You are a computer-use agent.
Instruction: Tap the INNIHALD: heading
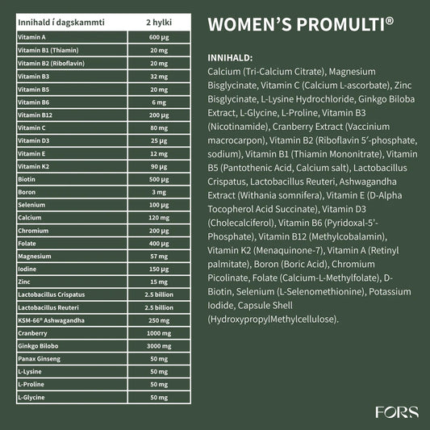[230, 59]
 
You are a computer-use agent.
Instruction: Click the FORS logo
[397, 412]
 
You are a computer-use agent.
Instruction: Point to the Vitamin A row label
[31, 37]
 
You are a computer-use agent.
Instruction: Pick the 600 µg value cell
[158, 37]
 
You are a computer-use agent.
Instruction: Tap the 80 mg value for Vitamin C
[158, 127]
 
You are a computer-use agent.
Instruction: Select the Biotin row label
[26, 179]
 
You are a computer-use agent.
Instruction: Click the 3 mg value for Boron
[158, 192]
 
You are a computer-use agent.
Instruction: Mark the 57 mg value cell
[158, 256]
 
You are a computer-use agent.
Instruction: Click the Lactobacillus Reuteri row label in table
[51, 307]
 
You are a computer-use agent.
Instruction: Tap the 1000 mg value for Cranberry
[158, 333]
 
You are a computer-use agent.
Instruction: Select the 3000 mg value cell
[158, 346]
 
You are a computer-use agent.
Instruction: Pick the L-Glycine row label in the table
[31, 397]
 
